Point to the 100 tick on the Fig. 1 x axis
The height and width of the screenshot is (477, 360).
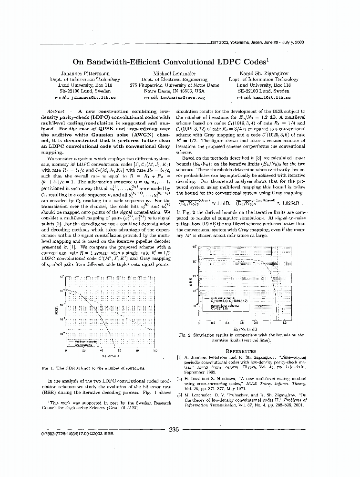(154, 351)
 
